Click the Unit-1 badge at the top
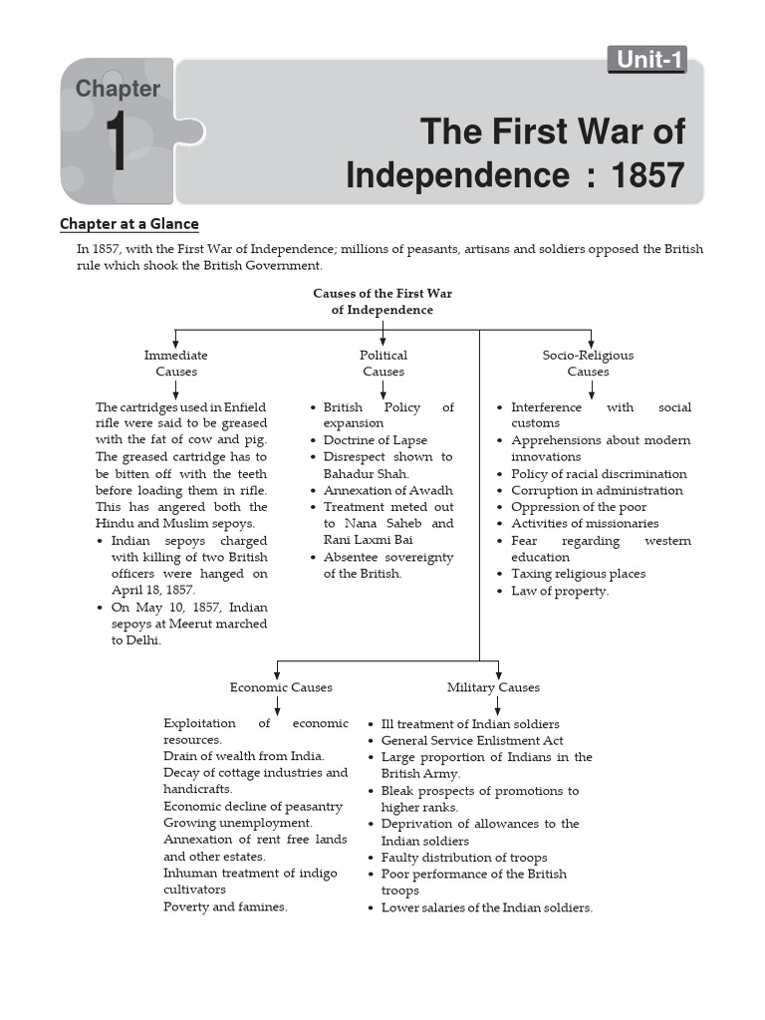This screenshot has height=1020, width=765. click(x=649, y=60)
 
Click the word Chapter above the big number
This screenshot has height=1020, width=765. click(x=118, y=89)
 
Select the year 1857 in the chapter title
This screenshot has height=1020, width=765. click(x=648, y=175)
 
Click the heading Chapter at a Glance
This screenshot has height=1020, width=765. click(x=129, y=224)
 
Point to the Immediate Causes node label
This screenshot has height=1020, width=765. click(x=176, y=364)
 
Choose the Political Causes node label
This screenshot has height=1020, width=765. click(x=383, y=364)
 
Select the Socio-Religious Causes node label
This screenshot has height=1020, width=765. click(x=588, y=364)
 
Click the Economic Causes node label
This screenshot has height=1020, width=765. click(x=281, y=687)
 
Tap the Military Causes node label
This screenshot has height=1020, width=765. click(x=493, y=687)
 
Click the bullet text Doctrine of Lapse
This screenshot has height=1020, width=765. click(x=376, y=440)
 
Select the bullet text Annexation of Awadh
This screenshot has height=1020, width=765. click(x=387, y=490)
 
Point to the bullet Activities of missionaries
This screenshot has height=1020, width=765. click(x=585, y=523)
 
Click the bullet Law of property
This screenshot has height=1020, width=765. click(x=560, y=591)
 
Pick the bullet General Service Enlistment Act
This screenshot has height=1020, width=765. click(x=472, y=740)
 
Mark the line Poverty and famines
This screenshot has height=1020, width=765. click(x=225, y=906)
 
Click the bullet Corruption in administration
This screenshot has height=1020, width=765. click(x=597, y=490)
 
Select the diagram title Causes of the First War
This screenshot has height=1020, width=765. click(x=382, y=294)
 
